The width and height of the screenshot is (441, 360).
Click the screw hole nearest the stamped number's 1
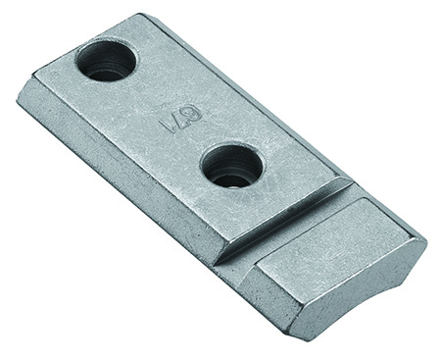point(106,60)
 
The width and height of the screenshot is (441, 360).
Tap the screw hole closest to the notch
point(232,165)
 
